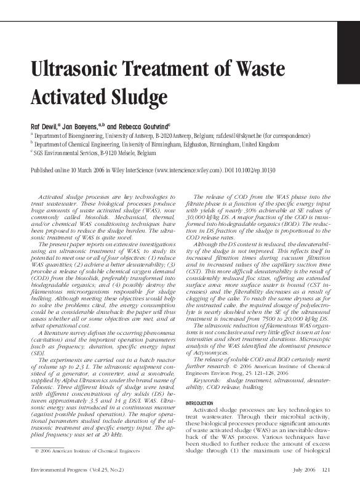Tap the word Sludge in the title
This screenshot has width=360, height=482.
point(138,97)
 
